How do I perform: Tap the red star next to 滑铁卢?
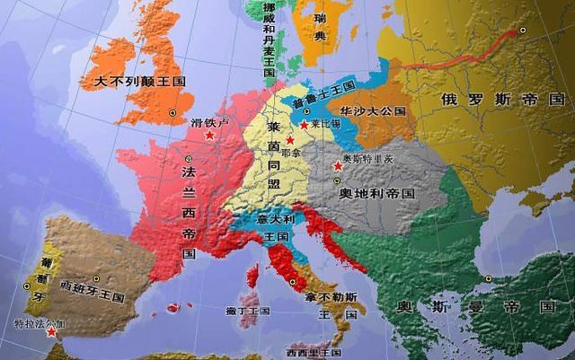[209, 135]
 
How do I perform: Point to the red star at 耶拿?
[288, 141]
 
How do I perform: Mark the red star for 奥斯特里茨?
[337, 164]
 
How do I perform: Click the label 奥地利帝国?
[377, 193]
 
